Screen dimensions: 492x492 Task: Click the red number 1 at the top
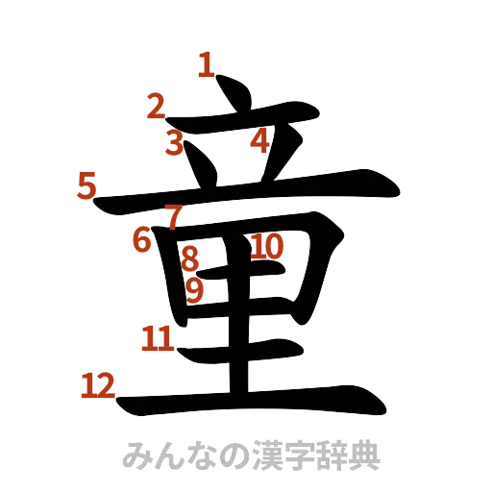(206, 65)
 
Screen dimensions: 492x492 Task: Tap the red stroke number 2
(157, 107)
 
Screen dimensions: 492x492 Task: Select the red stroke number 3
(173, 144)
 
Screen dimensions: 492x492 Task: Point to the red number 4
(259, 141)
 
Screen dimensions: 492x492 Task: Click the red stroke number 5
(87, 184)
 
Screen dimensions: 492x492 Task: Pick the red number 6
(142, 239)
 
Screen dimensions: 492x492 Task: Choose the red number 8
(189, 258)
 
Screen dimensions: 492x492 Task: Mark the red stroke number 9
(195, 289)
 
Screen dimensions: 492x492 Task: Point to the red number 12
(97, 386)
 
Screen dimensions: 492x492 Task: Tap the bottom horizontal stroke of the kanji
(250, 398)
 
